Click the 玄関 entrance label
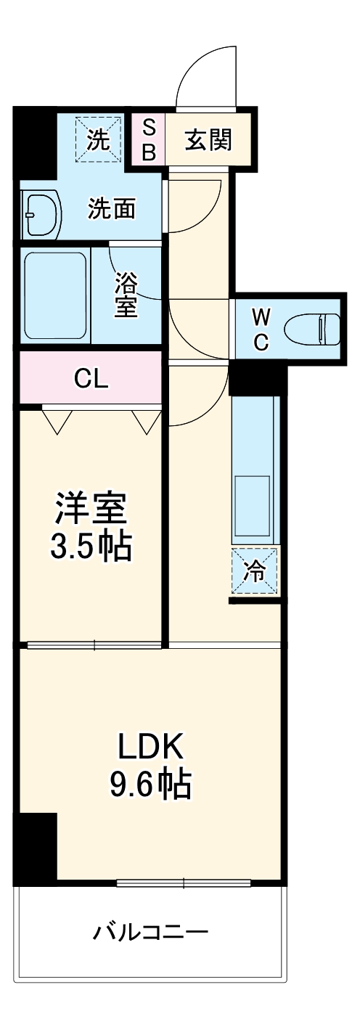[x=208, y=140]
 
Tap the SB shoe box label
[x=148, y=140]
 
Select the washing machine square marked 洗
[x=98, y=140]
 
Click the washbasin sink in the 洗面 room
[x=39, y=215]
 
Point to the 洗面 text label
[x=112, y=209]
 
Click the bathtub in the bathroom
[x=55, y=295]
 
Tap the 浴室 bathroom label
[x=126, y=295]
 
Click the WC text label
[x=261, y=328]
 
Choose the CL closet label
[x=91, y=378]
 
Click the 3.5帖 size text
[x=91, y=546]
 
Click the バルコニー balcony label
[x=150, y=930]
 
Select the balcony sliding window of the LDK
[x=184, y=883]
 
